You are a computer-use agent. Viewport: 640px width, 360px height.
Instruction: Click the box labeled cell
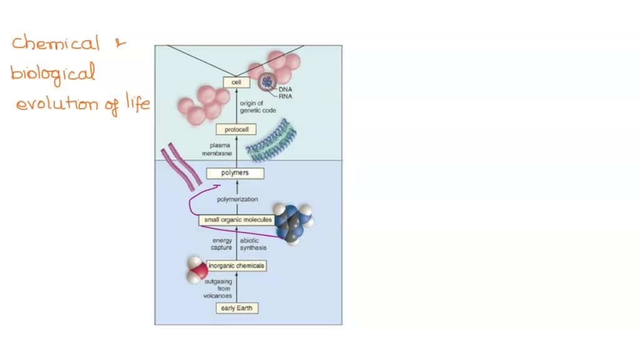(237, 82)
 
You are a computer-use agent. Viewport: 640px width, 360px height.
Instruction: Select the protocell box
(236, 130)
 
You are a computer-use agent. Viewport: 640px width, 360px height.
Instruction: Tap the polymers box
(235, 173)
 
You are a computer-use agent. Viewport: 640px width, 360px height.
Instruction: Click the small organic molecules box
(236, 220)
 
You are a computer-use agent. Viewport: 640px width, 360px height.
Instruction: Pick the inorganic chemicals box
(237, 266)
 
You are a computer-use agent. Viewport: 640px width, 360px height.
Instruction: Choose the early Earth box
(237, 308)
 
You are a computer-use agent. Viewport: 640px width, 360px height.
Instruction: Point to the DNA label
(286, 89)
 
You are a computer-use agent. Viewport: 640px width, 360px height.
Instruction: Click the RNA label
(286, 97)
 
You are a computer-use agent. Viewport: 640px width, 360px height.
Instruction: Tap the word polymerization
(237, 200)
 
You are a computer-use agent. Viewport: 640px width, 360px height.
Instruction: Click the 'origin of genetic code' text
(256, 107)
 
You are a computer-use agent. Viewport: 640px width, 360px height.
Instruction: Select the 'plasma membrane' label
(216, 149)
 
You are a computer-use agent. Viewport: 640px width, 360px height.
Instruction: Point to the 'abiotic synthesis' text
(253, 244)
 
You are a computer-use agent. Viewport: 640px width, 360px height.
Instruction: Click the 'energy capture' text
(222, 244)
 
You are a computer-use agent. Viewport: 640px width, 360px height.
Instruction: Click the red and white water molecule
(197, 270)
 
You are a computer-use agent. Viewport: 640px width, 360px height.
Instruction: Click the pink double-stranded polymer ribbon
(181, 167)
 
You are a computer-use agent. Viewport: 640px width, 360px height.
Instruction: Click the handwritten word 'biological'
(53, 74)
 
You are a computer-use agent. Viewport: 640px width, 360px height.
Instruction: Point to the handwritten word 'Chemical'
(56, 44)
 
